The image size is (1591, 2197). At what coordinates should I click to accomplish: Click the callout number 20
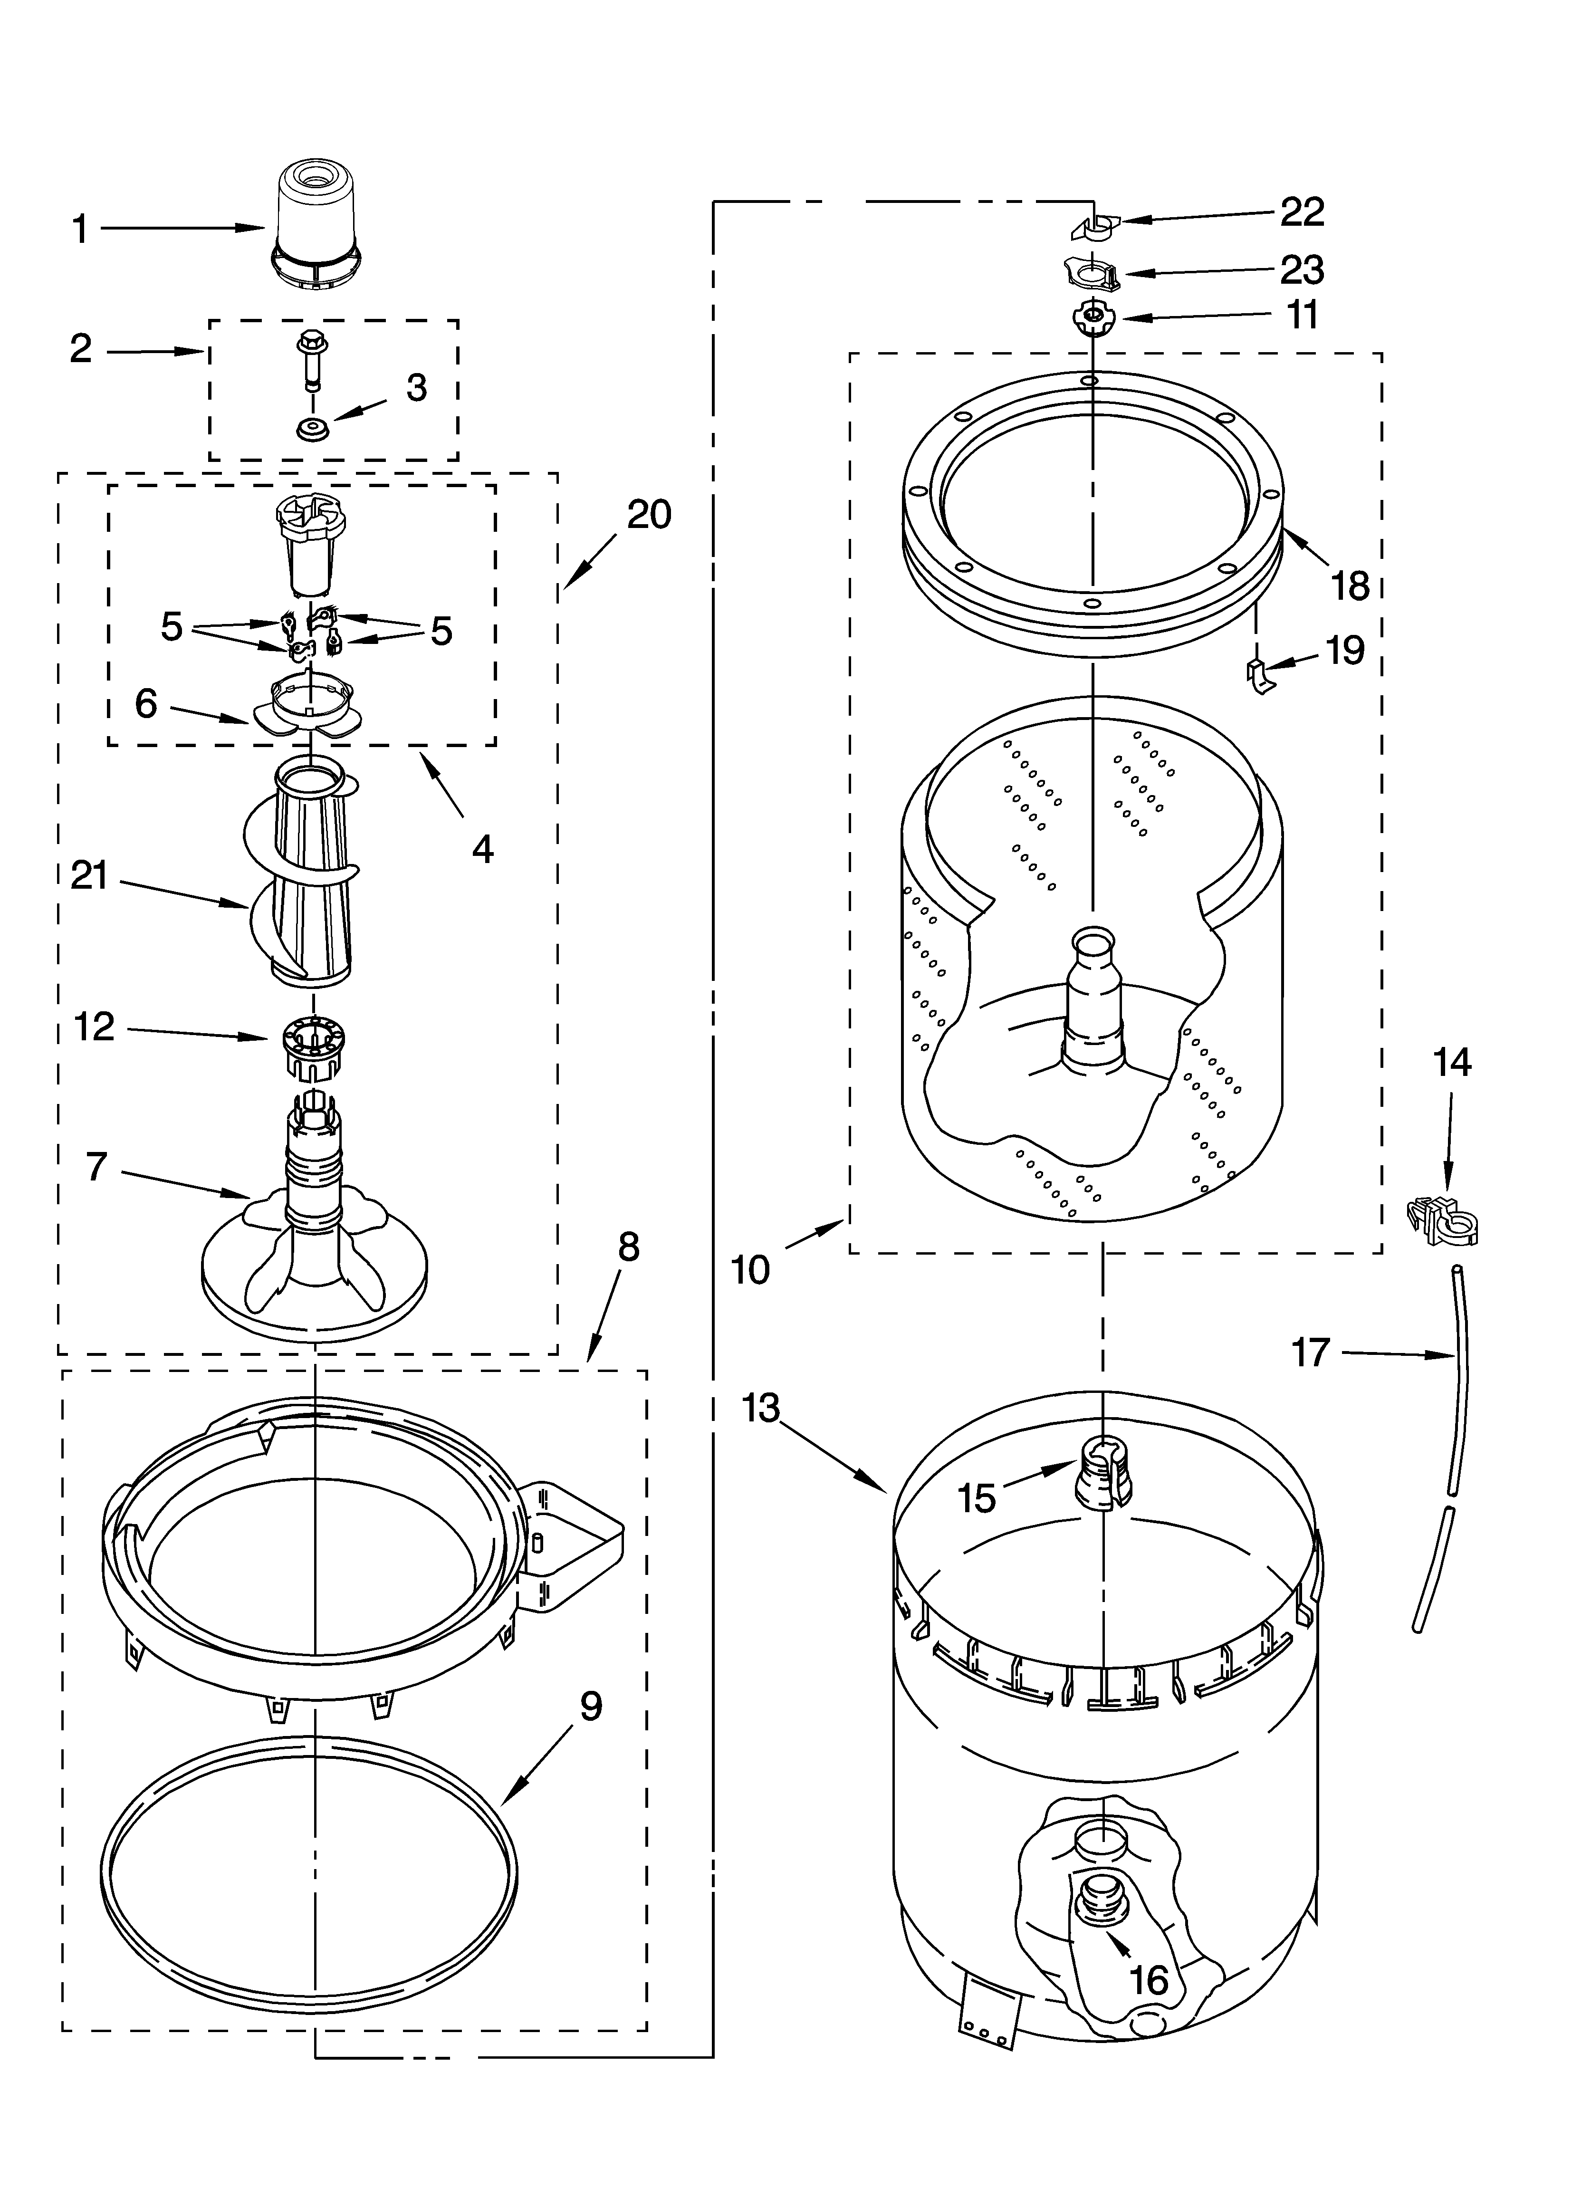[648, 514]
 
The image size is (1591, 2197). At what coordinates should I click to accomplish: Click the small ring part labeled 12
[312, 1045]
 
